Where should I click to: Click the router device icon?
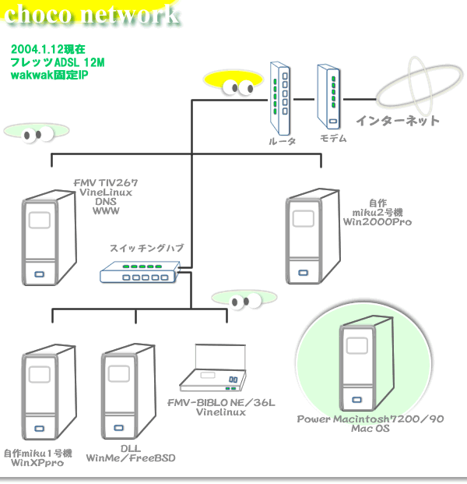point(281,97)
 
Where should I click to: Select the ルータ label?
point(281,142)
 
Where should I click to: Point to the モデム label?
point(334,138)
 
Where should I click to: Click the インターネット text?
point(398,121)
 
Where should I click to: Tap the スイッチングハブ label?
point(146,248)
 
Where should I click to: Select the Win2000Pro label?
point(377,221)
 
